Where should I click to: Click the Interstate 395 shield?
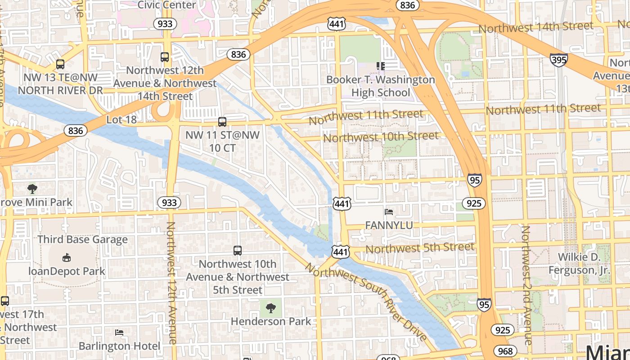[558, 59]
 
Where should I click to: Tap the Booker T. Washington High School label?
[381, 86]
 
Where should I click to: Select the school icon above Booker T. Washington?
[381, 66]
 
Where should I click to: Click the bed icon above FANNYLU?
[389, 211]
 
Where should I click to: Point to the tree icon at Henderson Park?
[270, 308]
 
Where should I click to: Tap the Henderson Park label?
[270, 321]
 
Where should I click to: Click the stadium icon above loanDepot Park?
[67, 257]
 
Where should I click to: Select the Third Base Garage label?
[83, 239]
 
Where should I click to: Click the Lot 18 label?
[121, 120]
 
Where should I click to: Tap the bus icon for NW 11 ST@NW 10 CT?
[222, 121]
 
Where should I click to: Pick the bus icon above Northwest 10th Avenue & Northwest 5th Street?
[238, 251]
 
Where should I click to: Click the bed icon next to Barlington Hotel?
[119, 333]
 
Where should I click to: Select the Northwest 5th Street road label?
[419, 248]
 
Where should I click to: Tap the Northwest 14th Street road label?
[535, 27]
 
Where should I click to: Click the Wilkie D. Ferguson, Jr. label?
[579, 264]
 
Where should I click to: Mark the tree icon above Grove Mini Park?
[32, 189]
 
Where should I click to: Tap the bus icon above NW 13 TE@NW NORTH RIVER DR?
[60, 64]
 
